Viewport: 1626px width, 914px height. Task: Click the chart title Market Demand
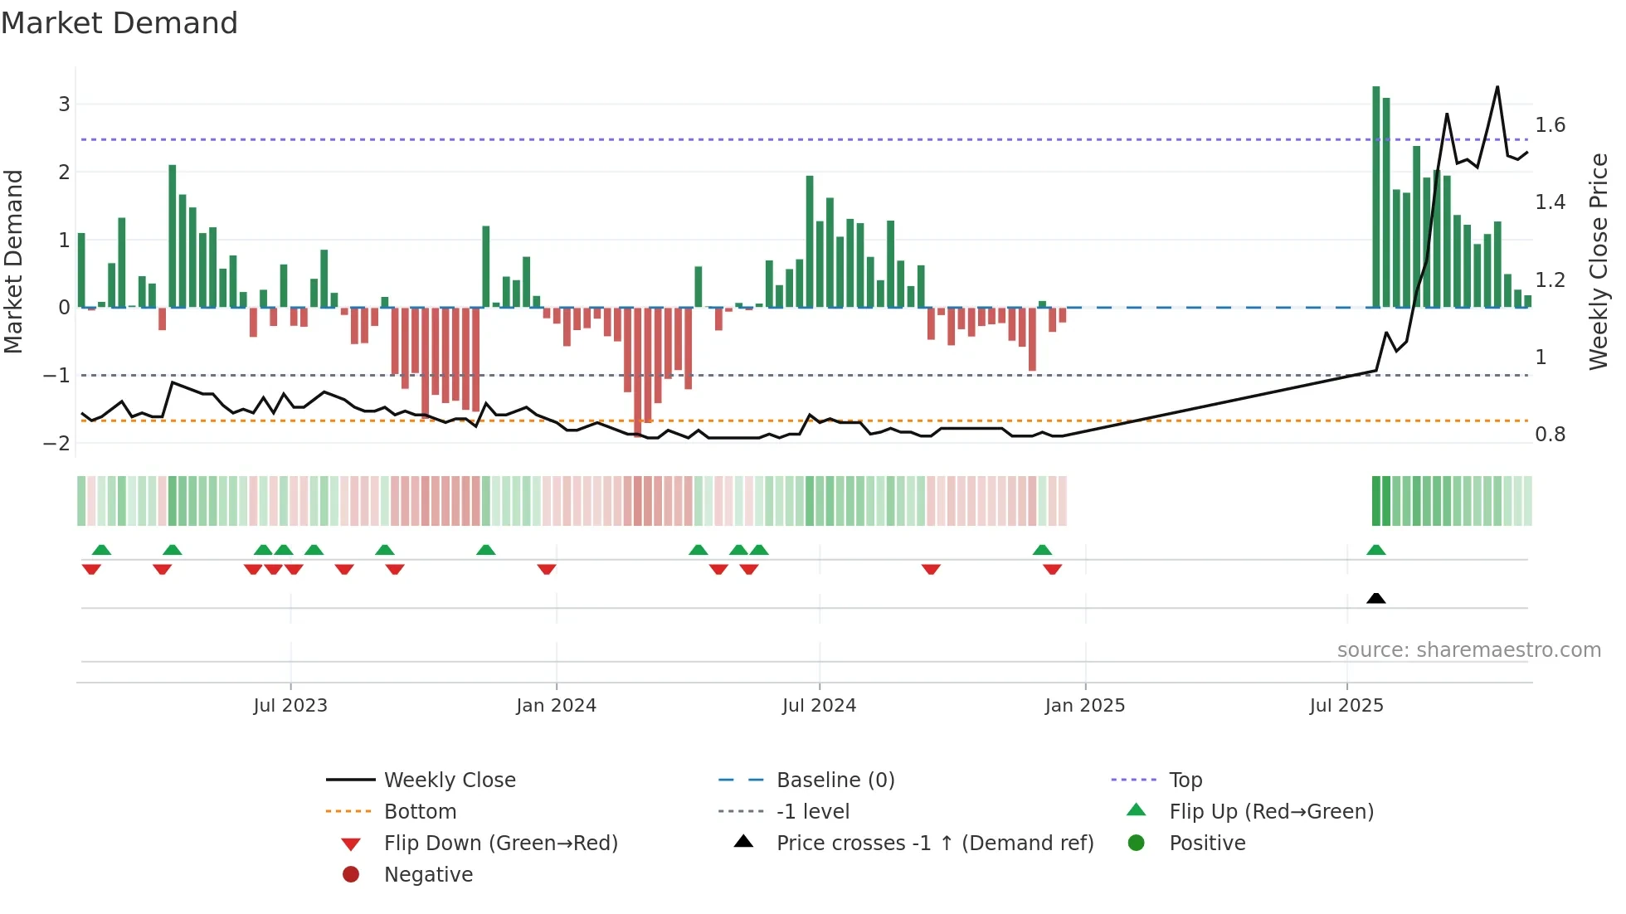click(119, 23)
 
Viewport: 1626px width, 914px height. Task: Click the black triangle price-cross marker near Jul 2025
click(1375, 598)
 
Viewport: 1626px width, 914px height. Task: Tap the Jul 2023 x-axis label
click(290, 706)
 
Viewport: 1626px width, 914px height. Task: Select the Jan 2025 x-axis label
click(1084, 706)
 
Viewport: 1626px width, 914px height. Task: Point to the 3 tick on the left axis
click(64, 105)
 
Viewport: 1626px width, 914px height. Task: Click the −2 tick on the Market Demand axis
click(56, 443)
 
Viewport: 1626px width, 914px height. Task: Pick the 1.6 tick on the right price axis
click(1550, 125)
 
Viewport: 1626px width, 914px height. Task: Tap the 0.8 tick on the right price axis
click(1550, 435)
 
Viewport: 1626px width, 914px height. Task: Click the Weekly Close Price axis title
click(1599, 261)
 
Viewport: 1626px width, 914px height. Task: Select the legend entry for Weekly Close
click(449, 780)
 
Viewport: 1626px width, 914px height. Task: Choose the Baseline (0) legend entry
click(835, 780)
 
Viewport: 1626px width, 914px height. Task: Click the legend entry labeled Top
click(1185, 780)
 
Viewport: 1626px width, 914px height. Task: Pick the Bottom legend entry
click(420, 812)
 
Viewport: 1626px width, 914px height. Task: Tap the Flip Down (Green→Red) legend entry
click(500, 844)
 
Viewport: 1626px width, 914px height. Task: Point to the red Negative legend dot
click(351, 875)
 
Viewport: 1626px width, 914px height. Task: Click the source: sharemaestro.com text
click(1468, 650)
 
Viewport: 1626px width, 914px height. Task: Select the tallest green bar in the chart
click(1375, 197)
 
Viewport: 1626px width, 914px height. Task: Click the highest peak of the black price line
click(1497, 87)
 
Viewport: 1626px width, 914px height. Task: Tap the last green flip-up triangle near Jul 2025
click(1375, 550)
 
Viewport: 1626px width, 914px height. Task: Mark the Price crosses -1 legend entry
click(934, 844)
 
